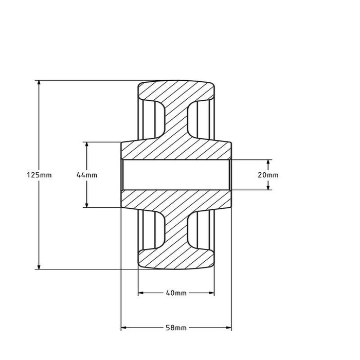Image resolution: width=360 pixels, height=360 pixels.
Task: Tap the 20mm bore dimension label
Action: click(268, 175)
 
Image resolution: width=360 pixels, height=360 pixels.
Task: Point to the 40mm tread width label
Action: click(176, 293)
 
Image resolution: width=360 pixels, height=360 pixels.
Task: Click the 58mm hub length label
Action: click(176, 328)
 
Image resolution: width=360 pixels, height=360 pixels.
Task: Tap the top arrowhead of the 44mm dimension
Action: click(86, 145)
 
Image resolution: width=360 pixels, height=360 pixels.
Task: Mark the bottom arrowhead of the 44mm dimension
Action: click(86, 204)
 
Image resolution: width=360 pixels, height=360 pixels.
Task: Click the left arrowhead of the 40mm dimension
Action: click(141, 293)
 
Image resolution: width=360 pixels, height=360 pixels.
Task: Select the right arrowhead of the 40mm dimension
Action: click(211, 293)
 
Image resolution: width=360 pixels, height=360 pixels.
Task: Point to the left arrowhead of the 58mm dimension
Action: click(124, 328)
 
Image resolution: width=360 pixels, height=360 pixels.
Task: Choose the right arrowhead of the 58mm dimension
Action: click(228, 328)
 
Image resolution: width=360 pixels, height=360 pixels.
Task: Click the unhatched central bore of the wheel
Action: click(176, 175)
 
